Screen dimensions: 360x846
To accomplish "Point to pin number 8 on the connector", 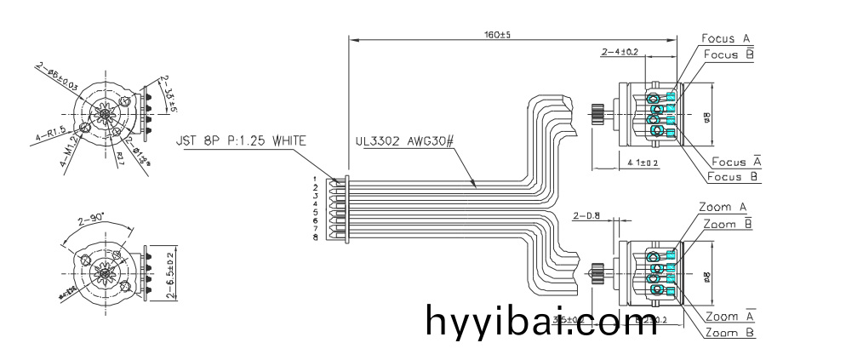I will (x=315, y=237).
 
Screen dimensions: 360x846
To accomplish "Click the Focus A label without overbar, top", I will (x=725, y=38).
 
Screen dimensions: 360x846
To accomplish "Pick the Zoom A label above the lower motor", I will (x=723, y=207).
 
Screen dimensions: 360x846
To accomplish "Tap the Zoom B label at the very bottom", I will (x=730, y=333).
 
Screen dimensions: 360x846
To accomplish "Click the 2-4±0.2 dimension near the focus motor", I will (x=620, y=53).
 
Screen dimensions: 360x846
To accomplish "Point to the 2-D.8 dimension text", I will (x=588, y=215).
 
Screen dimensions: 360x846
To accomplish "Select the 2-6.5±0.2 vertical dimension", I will (x=171, y=272).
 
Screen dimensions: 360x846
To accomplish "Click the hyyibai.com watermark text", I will (x=534, y=323).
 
